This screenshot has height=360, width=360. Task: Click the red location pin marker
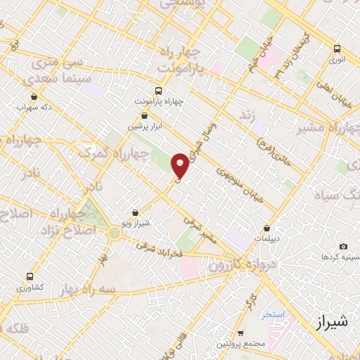(x=181, y=166)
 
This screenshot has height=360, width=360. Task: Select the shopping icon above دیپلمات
(x=267, y=229)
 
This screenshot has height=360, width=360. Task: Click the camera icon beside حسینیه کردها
(x=343, y=246)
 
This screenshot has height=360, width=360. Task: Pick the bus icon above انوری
(x=337, y=49)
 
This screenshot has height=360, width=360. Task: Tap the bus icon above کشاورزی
(x=19, y=277)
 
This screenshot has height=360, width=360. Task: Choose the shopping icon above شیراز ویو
(x=136, y=211)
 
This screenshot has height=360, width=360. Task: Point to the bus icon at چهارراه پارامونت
(x=157, y=91)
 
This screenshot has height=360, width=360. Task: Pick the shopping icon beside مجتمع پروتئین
(x=240, y=333)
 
